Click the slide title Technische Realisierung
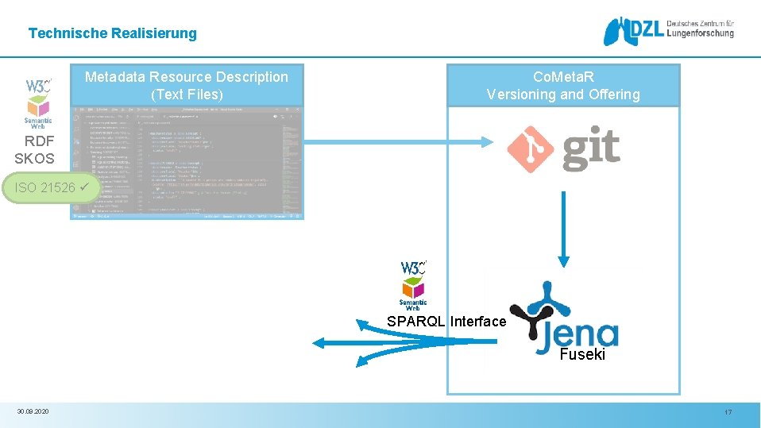click(112, 33)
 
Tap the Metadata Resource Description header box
click(187, 86)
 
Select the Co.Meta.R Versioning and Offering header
click(563, 86)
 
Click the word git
click(591, 149)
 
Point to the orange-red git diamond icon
click(529, 149)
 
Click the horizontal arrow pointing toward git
click(397, 143)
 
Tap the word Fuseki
click(582, 355)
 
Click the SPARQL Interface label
click(446, 322)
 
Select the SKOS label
click(35, 158)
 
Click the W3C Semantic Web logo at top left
click(38, 102)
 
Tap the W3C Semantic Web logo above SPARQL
click(413, 284)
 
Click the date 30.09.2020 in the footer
click(33, 411)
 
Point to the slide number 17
click(728, 412)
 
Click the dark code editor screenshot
click(187, 163)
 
